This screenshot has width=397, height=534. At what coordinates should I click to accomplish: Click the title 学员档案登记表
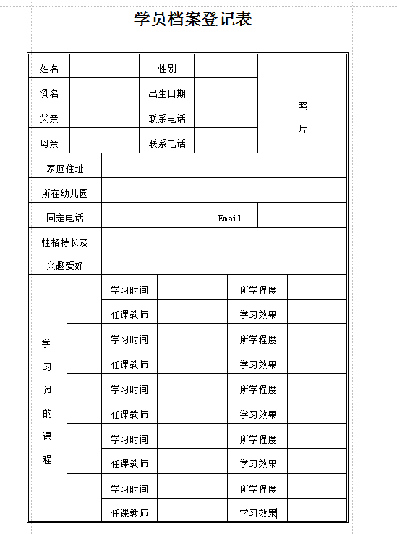(x=193, y=20)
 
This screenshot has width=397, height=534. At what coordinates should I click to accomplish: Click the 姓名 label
(x=49, y=69)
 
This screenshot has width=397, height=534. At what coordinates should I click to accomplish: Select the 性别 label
(x=167, y=69)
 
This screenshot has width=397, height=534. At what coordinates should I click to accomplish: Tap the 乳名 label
(x=49, y=93)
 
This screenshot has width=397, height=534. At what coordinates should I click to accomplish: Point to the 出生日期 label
(x=167, y=93)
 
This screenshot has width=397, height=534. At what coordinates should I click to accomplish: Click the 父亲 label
(x=49, y=119)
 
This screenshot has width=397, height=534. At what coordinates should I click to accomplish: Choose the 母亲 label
(x=49, y=143)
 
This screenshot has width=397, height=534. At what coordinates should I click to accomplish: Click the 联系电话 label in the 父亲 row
(x=167, y=119)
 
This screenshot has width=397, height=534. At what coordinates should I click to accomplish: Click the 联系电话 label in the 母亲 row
(x=167, y=143)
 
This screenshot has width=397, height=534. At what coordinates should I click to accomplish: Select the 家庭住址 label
(x=65, y=169)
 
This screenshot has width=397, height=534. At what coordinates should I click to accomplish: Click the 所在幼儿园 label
(x=65, y=193)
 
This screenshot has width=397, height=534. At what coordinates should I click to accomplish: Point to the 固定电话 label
(x=65, y=218)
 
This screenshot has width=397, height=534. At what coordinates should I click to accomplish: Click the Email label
(x=230, y=218)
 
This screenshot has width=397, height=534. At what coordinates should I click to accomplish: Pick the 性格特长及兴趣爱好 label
(x=65, y=254)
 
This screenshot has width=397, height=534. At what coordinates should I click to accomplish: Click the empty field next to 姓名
(x=104, y=69)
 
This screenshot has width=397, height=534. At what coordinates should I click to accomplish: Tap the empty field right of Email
(x=302, y=216)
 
